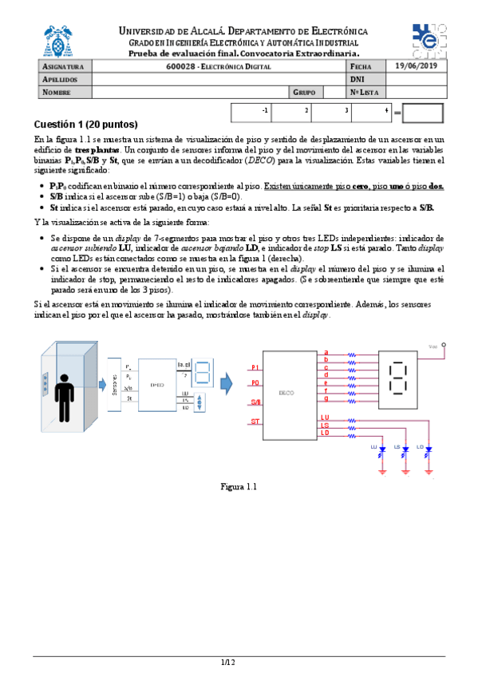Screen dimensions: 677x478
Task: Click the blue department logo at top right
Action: pyautogui.click(x=430, y=40)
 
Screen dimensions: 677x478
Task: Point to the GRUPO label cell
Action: pyautogui.click(x=306, y=93)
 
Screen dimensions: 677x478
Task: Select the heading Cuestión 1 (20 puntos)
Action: pyautogui.click(x=86, y=125)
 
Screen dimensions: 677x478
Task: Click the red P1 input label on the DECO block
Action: pyautogui.click(x=255, y=366)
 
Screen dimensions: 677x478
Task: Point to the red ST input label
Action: pyautogui.click(x=255, y=421)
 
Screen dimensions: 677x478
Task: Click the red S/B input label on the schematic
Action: pyautogui.click(x=255, y=402)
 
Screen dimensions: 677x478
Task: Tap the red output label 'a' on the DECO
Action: pyautogui.click(x=326, y=352)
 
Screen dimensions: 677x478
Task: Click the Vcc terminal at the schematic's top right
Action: pyautogui.click(x=444, y=346)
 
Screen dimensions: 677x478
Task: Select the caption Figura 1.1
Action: pyautogui.click(x=239, y=486)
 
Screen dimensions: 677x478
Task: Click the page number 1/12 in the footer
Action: pyautogui.click(x=229, y=663)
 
